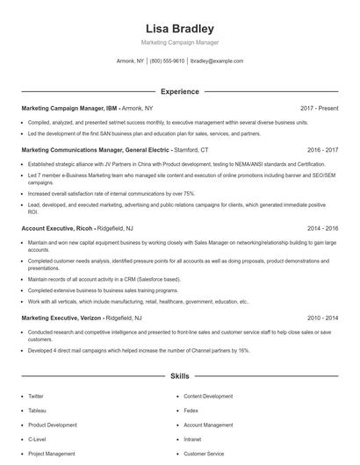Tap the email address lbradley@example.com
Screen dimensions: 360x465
(x=216, y=61)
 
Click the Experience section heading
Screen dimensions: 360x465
(x=179, y=91)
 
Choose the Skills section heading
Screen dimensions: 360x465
(x=179, y=376)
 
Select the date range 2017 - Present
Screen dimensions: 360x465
(x=319, y=108)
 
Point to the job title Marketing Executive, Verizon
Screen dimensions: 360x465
(x=62, y=318)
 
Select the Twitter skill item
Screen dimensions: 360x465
(x=36, y=397)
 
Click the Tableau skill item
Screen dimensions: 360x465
(x=37, y=411)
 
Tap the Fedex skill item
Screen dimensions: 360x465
(x=191, y=411)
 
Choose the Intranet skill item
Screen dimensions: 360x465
(x=193, y=439)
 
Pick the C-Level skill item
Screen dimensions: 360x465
(x=37, y=439)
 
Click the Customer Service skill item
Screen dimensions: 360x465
(x=203, y=454)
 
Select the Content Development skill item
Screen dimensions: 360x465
(x=208, y=397)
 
